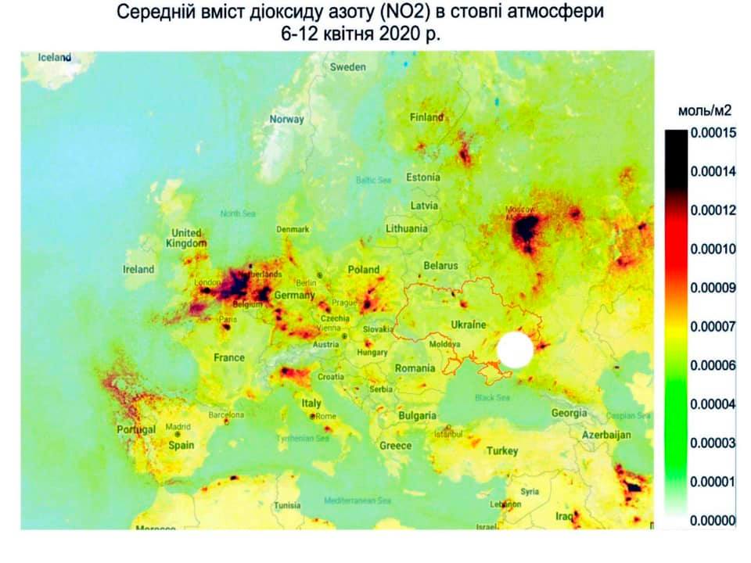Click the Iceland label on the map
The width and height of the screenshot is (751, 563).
pos(55,57)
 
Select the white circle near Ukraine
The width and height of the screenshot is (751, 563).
pos(515,350)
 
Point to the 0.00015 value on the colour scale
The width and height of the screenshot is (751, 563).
pos(714,134)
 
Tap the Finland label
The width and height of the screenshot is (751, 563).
pos(427,118)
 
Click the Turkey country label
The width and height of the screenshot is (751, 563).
pos(502,451)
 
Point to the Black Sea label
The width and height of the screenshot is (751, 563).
pos(491,398)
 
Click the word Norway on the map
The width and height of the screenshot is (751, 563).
pos(286,120)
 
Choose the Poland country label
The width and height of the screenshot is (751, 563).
pos(363,270)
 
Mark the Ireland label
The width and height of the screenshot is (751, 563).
pos(139,269)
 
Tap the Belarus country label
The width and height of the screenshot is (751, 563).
pos(440,266)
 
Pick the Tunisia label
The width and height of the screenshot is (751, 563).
pos(286,506)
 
